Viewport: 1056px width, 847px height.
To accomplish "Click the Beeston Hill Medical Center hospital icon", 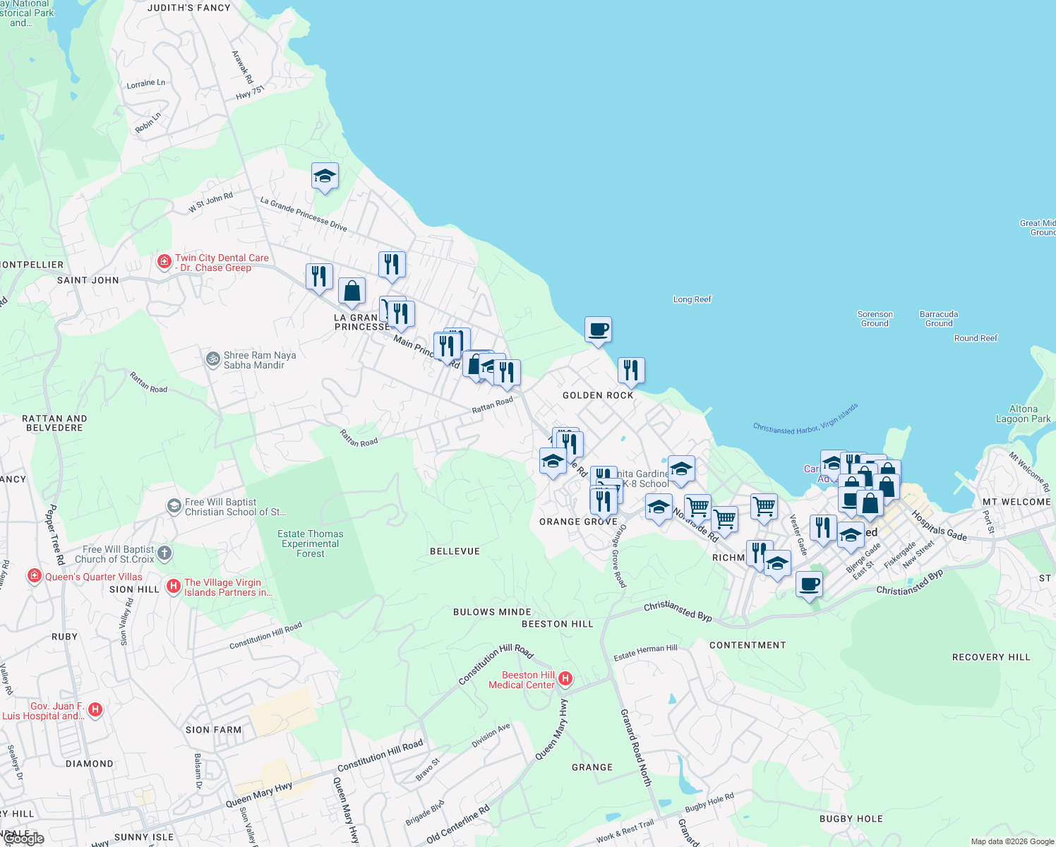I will coord(565,679).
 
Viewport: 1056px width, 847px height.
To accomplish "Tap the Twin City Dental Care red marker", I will coord(164,263).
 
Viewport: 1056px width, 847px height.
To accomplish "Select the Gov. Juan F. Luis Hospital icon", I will coord(95,709).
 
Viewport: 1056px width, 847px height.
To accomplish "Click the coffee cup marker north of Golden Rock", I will coord(598,330).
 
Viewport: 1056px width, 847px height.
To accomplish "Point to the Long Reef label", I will coord(692,299).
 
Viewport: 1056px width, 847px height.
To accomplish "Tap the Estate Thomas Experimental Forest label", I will coord(311,543).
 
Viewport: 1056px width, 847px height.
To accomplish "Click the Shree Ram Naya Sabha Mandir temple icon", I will coord(212,359).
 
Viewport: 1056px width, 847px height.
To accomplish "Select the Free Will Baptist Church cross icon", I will coord(164,553).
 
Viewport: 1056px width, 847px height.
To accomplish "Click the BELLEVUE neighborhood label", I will coord(455,551).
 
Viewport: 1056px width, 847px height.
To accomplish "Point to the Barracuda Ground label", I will coord(939,318).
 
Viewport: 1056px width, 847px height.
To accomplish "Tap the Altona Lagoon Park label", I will coord(1024,414).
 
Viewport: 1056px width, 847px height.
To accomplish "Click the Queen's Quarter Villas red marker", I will coord(35,576).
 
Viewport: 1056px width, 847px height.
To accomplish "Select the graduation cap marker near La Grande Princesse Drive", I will coord(325,176).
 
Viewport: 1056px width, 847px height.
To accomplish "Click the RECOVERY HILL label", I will coord(991,657).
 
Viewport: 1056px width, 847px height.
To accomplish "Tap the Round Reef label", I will coord(976,338).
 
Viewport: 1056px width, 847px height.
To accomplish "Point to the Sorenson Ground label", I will coord(875,318).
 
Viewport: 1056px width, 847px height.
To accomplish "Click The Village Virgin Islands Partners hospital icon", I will coord(174,587).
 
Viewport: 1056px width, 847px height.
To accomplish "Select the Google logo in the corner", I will coord(25,839).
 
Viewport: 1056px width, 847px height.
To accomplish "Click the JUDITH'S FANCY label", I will coord(189,8).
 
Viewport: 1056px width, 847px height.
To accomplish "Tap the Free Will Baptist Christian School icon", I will coord(174,506).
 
